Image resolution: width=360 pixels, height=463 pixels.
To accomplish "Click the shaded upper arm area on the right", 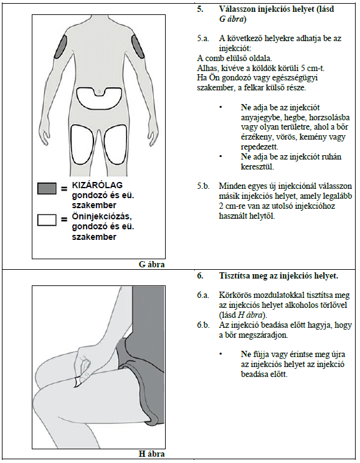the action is [138, 46].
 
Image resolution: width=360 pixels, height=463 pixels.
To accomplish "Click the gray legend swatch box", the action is [47, 188].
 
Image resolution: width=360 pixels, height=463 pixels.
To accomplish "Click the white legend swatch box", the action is [47, 220].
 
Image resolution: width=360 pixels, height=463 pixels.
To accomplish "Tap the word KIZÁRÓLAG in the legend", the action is [97, 186].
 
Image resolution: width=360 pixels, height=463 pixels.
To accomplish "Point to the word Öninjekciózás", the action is [102, 217].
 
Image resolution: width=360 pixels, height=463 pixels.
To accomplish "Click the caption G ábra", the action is [152, 264].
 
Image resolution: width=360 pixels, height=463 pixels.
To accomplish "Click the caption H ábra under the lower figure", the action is [152, 454].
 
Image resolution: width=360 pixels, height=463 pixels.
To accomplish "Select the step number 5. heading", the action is [201, 9].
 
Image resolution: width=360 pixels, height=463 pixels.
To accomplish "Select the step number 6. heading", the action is [201, 276].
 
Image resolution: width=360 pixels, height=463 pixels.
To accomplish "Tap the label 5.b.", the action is [203, 186].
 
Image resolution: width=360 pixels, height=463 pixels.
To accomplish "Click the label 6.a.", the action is [203, 295].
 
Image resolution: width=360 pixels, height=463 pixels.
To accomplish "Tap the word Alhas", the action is [206, 68].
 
